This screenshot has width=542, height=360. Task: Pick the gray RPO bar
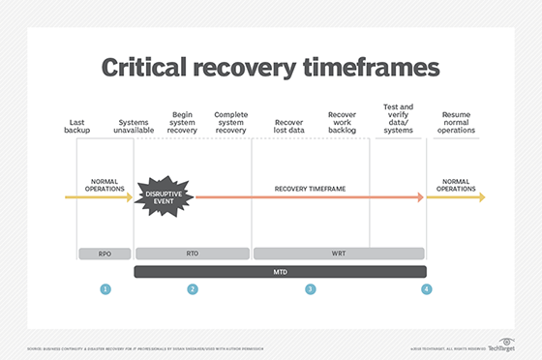tap(105, 253)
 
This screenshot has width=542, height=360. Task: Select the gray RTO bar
tap(192, 253)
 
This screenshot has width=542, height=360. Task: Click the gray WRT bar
tap(338, 253)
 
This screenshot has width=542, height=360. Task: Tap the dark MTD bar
tap(279, 272)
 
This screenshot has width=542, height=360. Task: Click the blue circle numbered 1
tap(105, 289)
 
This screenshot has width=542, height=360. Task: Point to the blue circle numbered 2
tap(193, 289)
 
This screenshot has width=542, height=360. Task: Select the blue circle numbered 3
tap(310, 289)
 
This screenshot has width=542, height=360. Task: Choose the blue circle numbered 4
tap(425, 289)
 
